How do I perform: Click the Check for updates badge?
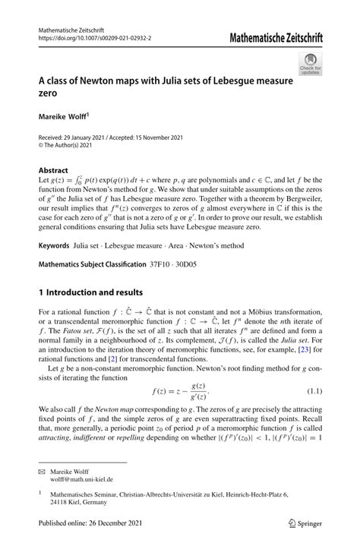pyautogui.click(x=311, y=65)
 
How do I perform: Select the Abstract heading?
pyautogui.click(x=52, y=170)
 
